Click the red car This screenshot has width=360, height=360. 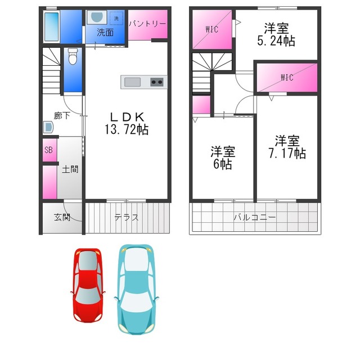pos(88,285)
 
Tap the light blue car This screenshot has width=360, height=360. pos(136,289)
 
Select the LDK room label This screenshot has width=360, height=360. pos(127,117)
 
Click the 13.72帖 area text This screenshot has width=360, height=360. pos(127,129)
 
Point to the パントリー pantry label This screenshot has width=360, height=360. pos(147,24)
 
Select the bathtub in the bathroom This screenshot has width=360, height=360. pos(51,26)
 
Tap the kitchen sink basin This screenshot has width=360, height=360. pos(132,82)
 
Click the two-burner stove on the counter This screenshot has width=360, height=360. pos(157,82)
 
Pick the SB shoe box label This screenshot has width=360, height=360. pos(49,150)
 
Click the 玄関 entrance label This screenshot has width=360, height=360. pos(62,217)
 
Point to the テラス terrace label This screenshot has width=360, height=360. pos(127,217)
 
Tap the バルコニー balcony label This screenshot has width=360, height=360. pos(255,217)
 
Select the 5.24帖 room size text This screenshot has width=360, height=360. pos(276,41)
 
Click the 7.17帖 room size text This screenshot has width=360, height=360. pos(287,153)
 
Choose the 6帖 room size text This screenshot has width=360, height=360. pos(223,164)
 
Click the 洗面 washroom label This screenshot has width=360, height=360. pos(105,33)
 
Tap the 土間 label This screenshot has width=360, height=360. pos(70,169)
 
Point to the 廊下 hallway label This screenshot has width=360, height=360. pos(62,115)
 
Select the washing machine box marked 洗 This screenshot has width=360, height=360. pos(116,18)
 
